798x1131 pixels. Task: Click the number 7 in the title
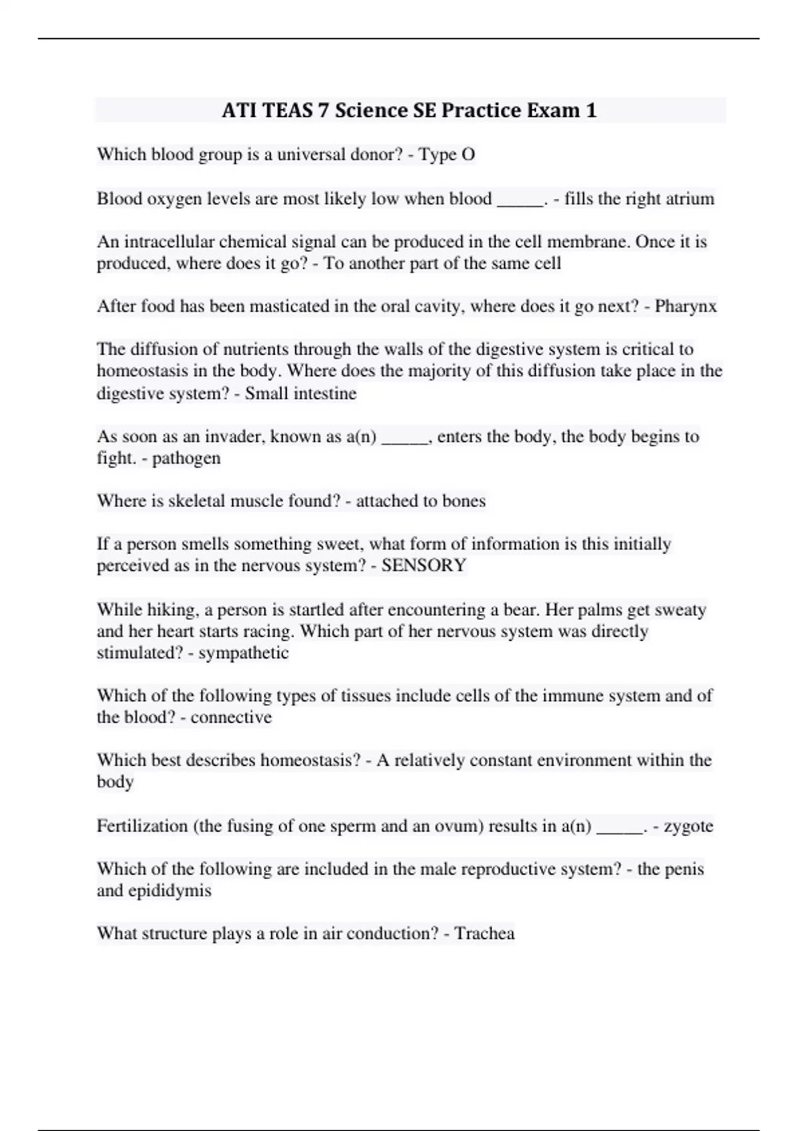(323, 110)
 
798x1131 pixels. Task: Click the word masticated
(279, 307)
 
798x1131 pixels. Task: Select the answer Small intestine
(301, 394)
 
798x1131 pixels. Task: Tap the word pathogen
(186, 458)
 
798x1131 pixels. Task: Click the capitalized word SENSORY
(424, 565)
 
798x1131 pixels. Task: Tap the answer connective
(231, 718)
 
